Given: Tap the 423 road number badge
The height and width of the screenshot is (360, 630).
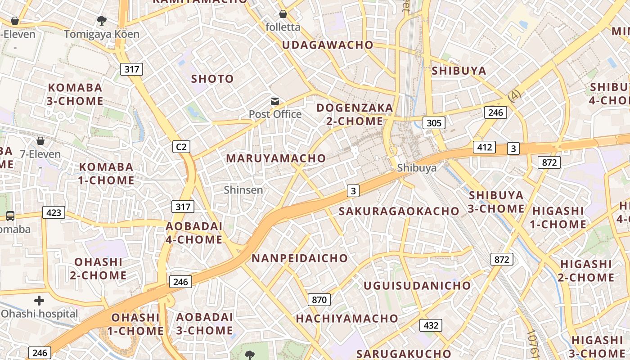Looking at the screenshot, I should coord(54,212).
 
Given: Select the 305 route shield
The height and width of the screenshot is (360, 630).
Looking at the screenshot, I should coord(434,123).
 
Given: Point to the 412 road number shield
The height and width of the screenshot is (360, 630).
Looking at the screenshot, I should coord(484,147).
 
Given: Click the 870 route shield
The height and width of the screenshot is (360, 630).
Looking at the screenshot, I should coord(319,300).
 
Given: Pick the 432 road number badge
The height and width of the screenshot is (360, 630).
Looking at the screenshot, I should coord(431,325).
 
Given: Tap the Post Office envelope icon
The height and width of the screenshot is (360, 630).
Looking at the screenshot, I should coord(274,102).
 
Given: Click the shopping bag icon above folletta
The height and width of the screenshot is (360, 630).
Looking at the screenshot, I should coord(283,14).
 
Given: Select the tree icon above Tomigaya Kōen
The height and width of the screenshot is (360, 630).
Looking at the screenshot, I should coord(101,20).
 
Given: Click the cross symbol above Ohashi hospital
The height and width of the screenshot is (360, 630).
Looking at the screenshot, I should coord(39,301).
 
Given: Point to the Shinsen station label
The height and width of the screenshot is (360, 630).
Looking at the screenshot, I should coord(243,190).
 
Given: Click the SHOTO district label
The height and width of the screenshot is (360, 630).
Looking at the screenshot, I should coord(212,79).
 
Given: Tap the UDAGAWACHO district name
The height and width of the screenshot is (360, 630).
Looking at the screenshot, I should coord(328,45).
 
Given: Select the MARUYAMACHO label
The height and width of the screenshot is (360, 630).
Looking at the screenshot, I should coord(276,158).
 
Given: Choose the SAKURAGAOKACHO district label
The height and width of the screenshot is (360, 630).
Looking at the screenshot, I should coord(399,211).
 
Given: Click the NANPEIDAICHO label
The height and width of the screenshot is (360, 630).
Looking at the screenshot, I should coord(300,258).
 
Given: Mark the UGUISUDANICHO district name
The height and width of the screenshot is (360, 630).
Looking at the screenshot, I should coord(417,286).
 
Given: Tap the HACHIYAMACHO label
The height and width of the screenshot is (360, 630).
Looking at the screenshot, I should coord(347,319).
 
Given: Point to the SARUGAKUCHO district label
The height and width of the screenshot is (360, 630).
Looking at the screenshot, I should coord(404,354).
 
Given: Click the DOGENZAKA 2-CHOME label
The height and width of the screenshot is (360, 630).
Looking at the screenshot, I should coord(355,114).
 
